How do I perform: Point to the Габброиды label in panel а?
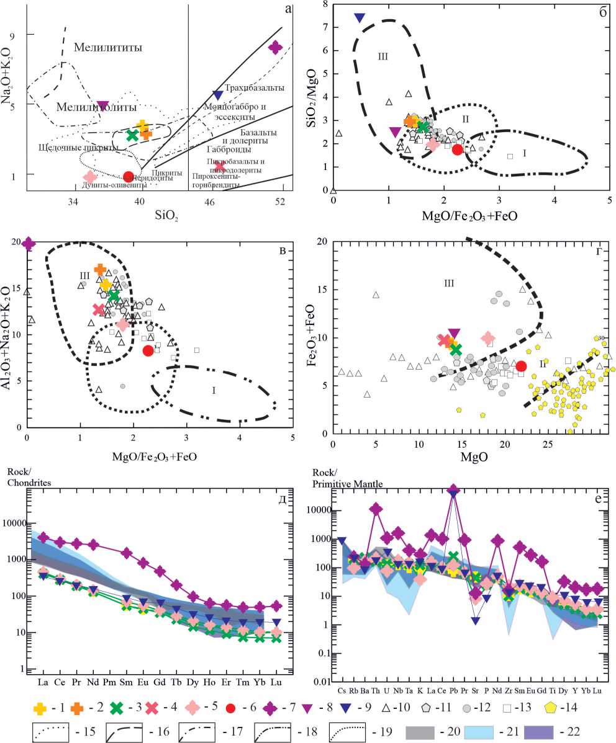(229, 149)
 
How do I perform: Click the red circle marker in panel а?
(129, 177)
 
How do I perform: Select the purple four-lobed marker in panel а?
(275, 47)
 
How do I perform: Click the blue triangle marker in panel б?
(360, 17)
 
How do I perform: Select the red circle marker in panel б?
(458, 149)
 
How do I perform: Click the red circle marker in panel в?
(148, 351)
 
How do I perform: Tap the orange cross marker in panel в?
(101, 270)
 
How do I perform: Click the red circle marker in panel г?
(522, 366)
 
